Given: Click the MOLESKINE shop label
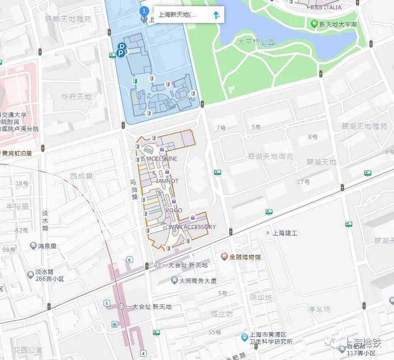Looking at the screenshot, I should [x=162, y=158].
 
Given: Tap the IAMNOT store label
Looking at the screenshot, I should [x=167, y=181].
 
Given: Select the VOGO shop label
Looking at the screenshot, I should [x=174, y=210].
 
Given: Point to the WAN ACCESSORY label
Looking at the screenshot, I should [x=193, y=227].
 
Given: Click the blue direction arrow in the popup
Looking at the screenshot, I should [x=216, y=15].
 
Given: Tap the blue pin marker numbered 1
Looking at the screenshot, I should [x=144, y=11].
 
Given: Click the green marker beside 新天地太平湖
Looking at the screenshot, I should [x=314, y=24].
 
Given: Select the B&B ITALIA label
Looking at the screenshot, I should [x=326, y=7].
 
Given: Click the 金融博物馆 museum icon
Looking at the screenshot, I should [x=224, y=256].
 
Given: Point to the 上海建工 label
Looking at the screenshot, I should [x=285, y=233].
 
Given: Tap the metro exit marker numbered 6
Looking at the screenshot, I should [x=130, y=259].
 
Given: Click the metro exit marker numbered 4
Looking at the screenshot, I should [x=143, y=353].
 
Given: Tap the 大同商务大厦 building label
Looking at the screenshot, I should [x=198, y=281].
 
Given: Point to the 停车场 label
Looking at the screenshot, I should [x=319, y=309].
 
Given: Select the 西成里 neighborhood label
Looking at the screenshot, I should [x=81, y=176].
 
